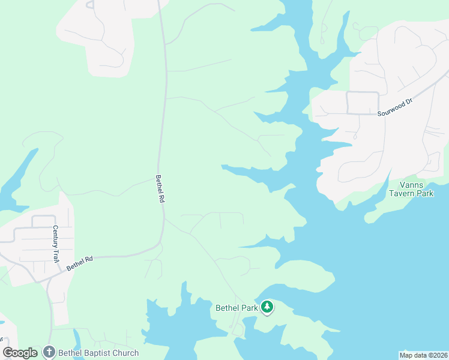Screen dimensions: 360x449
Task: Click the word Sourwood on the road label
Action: [x=391, y=110]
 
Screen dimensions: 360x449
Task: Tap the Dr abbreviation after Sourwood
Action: [x=410, y=103]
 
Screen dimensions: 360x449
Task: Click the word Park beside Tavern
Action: [x=426, y=194]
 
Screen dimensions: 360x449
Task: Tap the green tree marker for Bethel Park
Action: [x=267, y=307]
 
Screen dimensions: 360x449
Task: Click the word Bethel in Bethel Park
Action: [x=228, y=308]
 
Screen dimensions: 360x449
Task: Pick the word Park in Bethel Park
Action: [x=250, y=308]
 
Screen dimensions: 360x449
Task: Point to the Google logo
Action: [x=20, y=353]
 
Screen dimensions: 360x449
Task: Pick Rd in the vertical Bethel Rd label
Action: [x=161, y=197]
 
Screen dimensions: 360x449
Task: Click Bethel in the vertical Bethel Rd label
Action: [x=159, y=183]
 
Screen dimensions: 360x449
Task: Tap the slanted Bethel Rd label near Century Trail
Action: [x=80, y=263]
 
